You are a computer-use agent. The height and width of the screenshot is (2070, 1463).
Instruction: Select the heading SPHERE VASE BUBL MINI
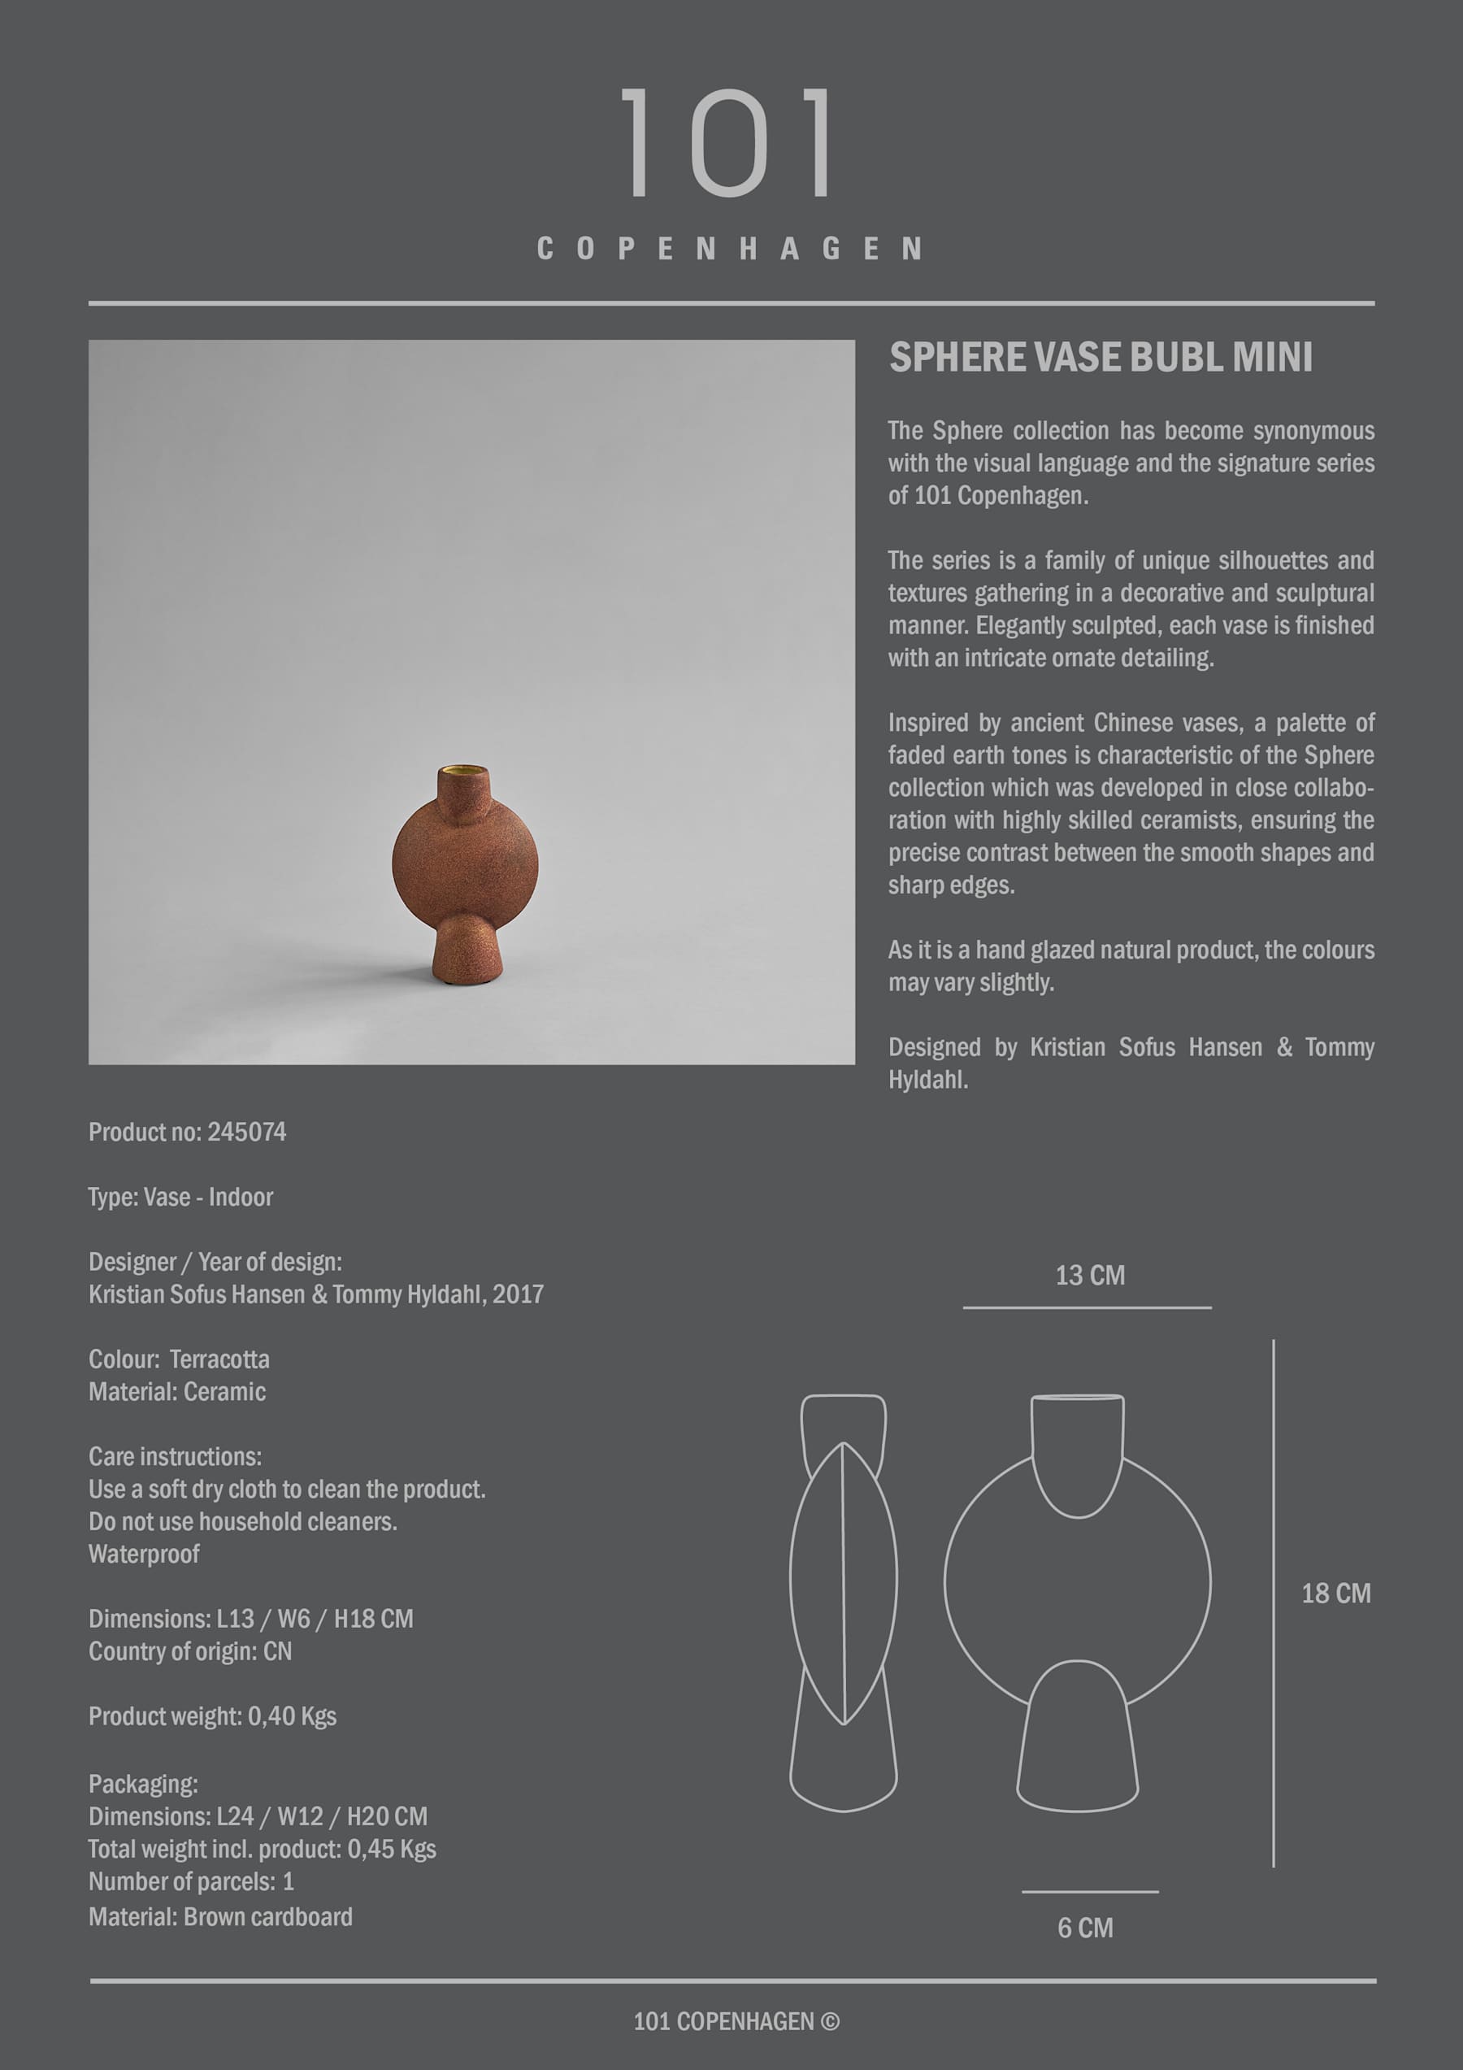(1100, 358)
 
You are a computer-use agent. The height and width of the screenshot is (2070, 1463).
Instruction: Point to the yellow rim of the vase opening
(464, 771)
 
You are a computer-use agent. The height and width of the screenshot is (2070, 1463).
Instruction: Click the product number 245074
(246, 1133)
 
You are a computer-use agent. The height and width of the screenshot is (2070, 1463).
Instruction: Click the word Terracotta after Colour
(219, 1359)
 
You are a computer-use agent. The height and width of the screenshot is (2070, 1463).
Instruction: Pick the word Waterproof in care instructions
(144, 1555)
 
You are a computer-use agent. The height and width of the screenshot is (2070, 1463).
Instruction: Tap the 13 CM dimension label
(1090, 1276)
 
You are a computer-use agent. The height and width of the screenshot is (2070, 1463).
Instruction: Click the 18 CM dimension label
(1335, 1594)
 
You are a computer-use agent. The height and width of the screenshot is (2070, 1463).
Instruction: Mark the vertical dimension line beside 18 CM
(1273, 1605)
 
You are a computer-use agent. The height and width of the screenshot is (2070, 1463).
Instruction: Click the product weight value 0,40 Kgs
(292, 1716)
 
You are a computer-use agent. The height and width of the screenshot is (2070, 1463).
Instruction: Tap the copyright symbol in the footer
(829, 2022)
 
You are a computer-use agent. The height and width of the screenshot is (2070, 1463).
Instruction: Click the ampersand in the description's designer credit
(1283, 1048)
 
